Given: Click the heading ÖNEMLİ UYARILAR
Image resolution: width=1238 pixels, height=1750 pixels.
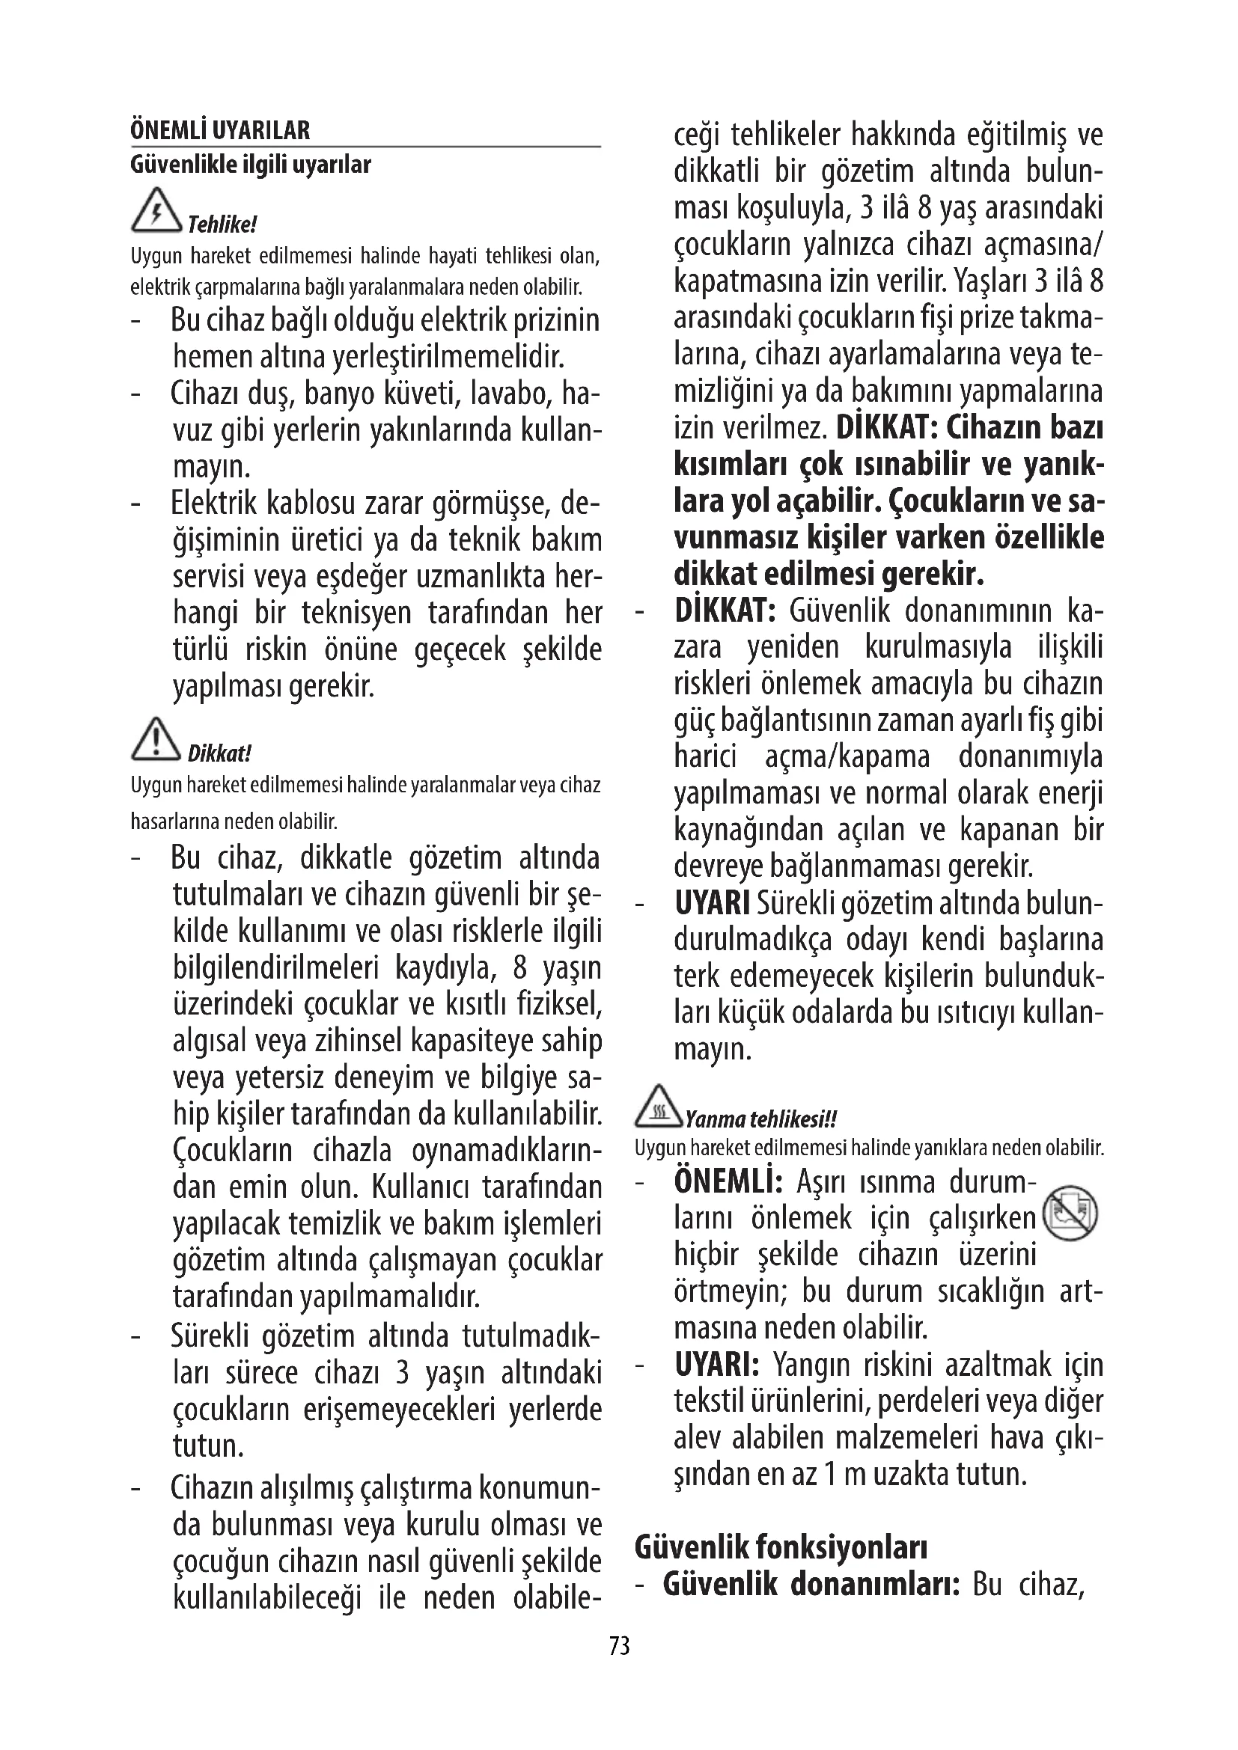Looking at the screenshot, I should point(220,131).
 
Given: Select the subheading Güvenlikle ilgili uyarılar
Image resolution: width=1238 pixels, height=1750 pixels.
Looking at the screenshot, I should point(251,165).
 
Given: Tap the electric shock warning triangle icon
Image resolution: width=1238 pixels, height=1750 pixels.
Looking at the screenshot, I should point(156,209).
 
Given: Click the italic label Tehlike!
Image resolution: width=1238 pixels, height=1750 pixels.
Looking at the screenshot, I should point(222,225).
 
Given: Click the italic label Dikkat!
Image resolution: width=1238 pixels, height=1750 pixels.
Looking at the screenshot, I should point(219,754).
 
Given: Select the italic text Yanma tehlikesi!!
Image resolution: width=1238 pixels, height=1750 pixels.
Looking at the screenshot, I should point(760,1120).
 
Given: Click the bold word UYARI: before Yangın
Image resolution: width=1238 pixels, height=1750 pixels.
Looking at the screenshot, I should point(716,1365).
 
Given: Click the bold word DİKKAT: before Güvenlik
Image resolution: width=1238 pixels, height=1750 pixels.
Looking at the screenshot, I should point(725,611).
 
